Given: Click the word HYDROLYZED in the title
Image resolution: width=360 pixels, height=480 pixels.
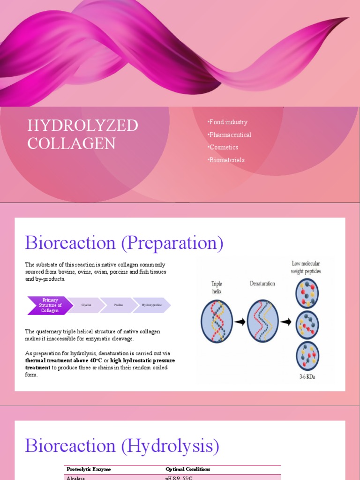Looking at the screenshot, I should click(82, 126).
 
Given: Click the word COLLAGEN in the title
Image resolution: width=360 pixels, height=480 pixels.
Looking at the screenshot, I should click(71, 143).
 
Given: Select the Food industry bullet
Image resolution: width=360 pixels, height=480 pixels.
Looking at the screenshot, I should click(228, 122).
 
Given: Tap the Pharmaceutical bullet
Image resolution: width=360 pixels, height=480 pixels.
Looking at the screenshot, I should click(230, 135).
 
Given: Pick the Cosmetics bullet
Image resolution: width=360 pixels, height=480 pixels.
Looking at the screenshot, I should click(225, 147).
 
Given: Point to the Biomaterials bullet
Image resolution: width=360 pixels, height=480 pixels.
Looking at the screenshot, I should click(227, 160).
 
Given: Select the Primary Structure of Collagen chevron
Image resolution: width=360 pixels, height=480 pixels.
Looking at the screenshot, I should click(50, 305).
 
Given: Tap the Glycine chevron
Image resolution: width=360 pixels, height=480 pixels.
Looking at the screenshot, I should click(86, 305).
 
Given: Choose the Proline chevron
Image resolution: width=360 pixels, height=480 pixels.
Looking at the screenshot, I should click(119, 305).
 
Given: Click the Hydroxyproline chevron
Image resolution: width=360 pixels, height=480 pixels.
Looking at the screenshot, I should click(151, 305).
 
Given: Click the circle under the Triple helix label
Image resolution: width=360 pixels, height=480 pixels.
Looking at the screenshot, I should click(217, 322).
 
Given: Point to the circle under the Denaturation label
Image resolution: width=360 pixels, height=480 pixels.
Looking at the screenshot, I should click(262, 322).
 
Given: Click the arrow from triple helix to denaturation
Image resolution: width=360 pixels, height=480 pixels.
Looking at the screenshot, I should click(240, 322).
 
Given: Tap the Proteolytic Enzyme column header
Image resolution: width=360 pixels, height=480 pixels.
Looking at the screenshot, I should click(89, 469).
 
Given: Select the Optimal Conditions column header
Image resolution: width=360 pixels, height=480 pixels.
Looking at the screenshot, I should click(188, 469).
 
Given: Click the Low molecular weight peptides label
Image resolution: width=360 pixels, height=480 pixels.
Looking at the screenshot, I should click(306, 268).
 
